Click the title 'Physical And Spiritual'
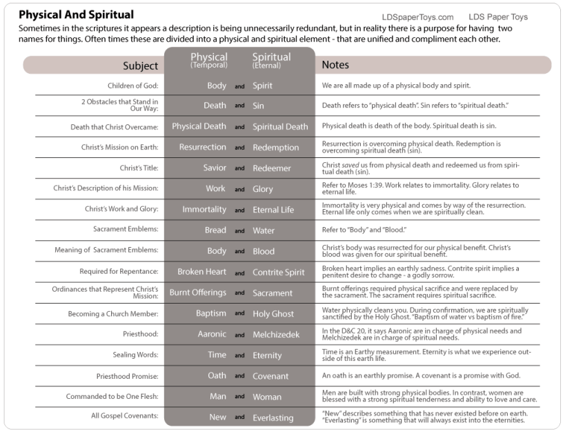point(77,14)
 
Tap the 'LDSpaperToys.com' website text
point(417,17)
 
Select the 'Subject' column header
point(140,66)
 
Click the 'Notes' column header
point(335,65)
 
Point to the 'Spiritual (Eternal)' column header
point(272,60)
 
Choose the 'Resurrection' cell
point(202,147)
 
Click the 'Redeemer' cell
point(272,168)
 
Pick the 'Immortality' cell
point(204,210)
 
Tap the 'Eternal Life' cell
point(273,210)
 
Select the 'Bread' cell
point(215,230)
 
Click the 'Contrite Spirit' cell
point(278,273)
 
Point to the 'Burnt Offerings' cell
point(198,293)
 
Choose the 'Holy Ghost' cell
point(273,314)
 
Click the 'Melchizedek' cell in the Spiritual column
point(277,335)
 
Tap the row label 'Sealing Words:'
point(135,355)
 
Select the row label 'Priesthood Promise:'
point(128,376)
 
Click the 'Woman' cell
point(267,397)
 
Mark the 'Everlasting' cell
point(273,417)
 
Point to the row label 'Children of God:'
point(132,86)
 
